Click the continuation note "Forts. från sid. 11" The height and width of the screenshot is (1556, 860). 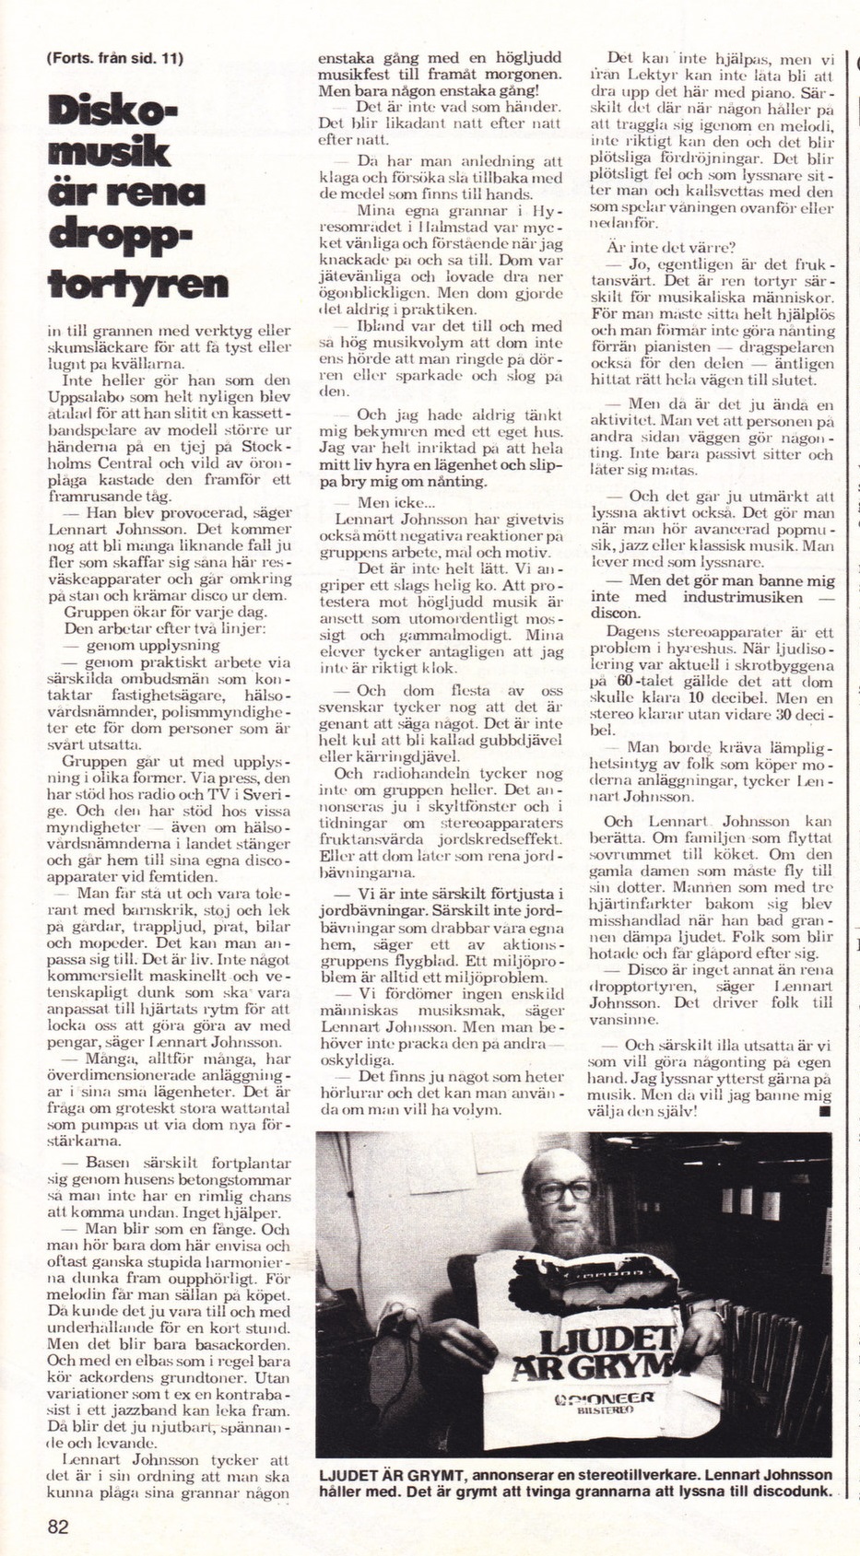(x=113, y=58)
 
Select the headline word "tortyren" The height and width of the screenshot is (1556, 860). (x=138, y=283)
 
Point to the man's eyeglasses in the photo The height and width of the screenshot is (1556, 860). (x=564, y=1187)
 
